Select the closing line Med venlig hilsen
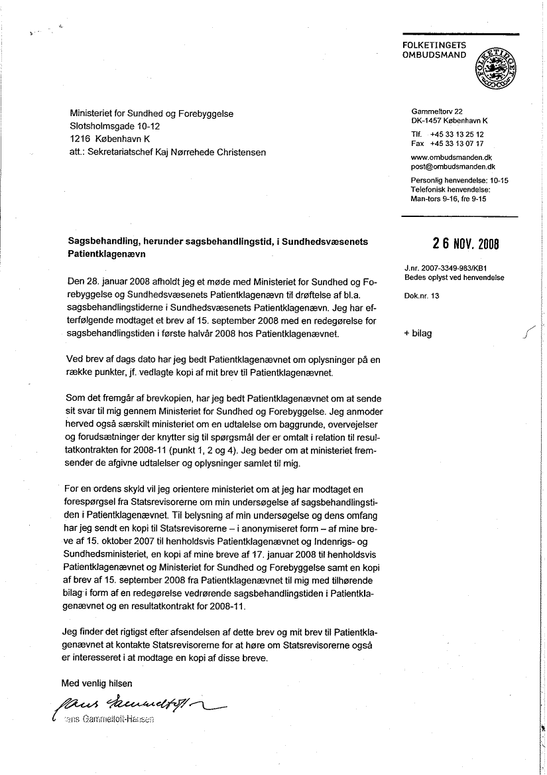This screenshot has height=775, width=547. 97,683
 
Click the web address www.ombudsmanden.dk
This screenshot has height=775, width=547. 453,158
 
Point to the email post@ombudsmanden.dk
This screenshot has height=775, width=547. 454,167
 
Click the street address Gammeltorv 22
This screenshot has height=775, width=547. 437,111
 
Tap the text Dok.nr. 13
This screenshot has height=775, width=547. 421,296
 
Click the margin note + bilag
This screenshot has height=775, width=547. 417,333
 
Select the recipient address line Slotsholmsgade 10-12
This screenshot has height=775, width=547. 115,126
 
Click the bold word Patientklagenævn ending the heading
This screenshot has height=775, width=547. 106,254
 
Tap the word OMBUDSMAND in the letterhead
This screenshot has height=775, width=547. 434,55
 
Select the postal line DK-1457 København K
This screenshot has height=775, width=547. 450,121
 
